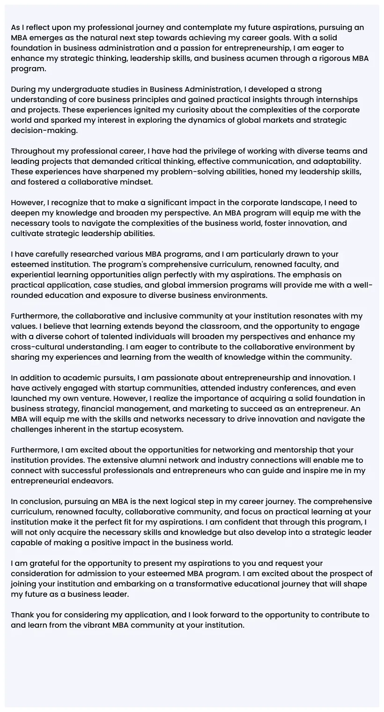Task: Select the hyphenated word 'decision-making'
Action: [44, 131]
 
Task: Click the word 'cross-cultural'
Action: [39, 347]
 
